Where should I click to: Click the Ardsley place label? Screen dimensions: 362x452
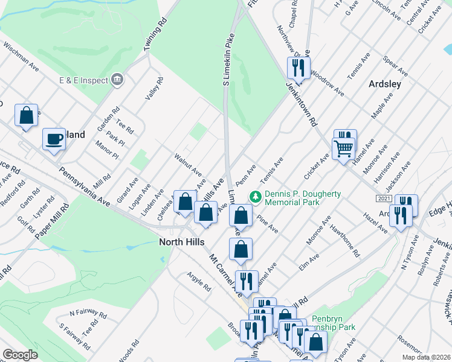click(385, 84)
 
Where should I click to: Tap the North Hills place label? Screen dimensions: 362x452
click(181, 242)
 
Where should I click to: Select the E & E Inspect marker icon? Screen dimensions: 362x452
click(118, 80)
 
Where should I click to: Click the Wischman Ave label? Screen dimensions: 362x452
click(21, 57)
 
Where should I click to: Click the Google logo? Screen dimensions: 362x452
click(21, 355)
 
